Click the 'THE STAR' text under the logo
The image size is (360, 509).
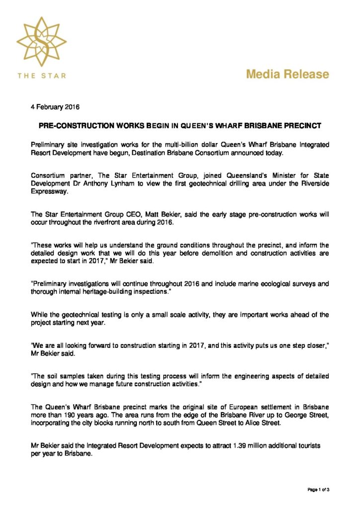(41, 76)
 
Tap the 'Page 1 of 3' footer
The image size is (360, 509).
(318, 490)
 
